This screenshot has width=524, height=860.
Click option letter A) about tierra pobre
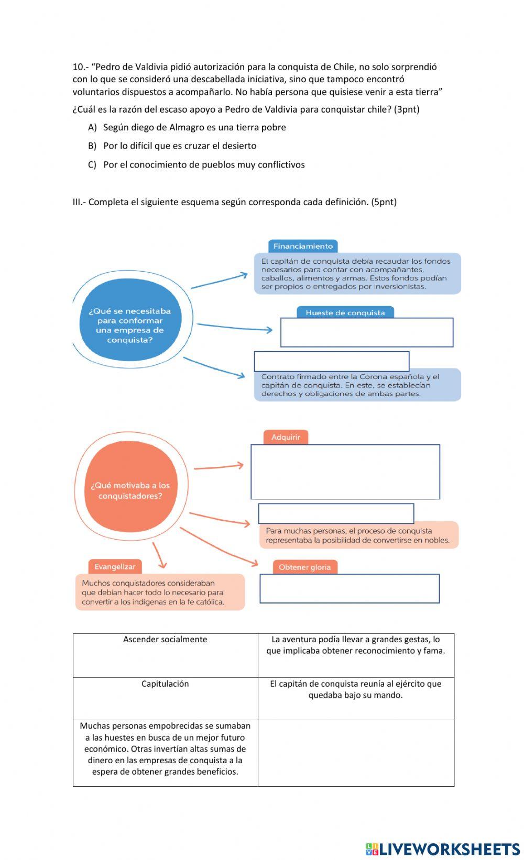click(x=92, y=127)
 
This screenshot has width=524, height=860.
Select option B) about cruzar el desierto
click(x=92, y=146)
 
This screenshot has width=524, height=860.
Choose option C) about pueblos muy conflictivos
click(x=92, y=164)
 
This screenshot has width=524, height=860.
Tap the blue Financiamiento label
click(x=303, y=246)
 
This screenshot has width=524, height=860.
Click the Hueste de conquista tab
click(x=345, y=312)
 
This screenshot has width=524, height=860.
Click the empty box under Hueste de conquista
click(x=367, y=332)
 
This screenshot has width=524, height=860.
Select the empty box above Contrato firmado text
click(x=331, y=361)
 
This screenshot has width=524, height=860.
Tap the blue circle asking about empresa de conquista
click(x=130, y=325)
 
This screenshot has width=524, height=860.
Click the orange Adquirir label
click(x=286, y=437)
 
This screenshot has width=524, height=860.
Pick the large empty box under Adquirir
click(x=345, y=472)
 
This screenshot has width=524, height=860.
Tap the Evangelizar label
click(x=115, y=566)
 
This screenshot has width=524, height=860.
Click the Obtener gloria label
click(x=304, y=567)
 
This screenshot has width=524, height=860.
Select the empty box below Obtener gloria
click(x=350, y=588)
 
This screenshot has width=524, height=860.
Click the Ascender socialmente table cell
click(x=165, y=655)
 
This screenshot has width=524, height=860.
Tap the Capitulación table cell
click(x=165, y=698)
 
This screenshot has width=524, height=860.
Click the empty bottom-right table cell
click(x=356, y=753)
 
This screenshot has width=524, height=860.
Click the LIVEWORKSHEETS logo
click(x=443, y=848)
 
